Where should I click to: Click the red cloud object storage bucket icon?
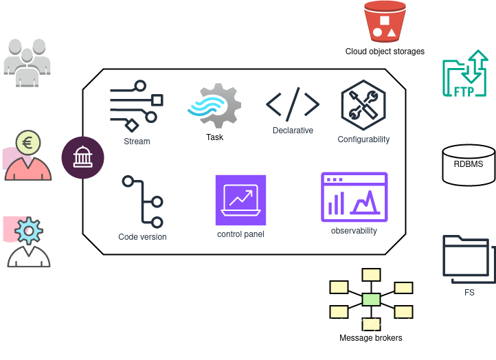pyautogui.click(x=384, y=21)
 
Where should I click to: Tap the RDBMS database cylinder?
pyautogui.click(x=468, y=166)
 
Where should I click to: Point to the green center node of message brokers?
pyautogui.click(x=371, y=299)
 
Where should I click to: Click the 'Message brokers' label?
pyautogui.click(x=370, y=338)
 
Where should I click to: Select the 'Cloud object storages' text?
pyautogui.click(x=385, y=52)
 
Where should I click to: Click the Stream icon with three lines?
pyautogui.click(x=136, y=106)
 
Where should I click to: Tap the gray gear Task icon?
pyautogui.click(x=214, y=106)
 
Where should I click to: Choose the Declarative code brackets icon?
pyautogui.click(x=293, y=104)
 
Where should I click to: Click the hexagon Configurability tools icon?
pyautogui.click(x=363, y=105)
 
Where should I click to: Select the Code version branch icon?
pyautogui.click(x=142, y=201)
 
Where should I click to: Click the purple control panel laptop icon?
pyautogui.click(x=240, y=200)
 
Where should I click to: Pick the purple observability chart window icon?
pyautogui.click(x=354, y=197)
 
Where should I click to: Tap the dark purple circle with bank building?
pyautogui.click(x=82, y=157)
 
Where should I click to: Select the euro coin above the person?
pyautogui.click(x=28, y=143)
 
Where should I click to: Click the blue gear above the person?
pyautogui.click(x=29, y=231)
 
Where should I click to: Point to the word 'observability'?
pyautogui.click(x=354, y=231)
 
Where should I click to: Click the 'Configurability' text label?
pyautogui.click(x=363, y=139)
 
